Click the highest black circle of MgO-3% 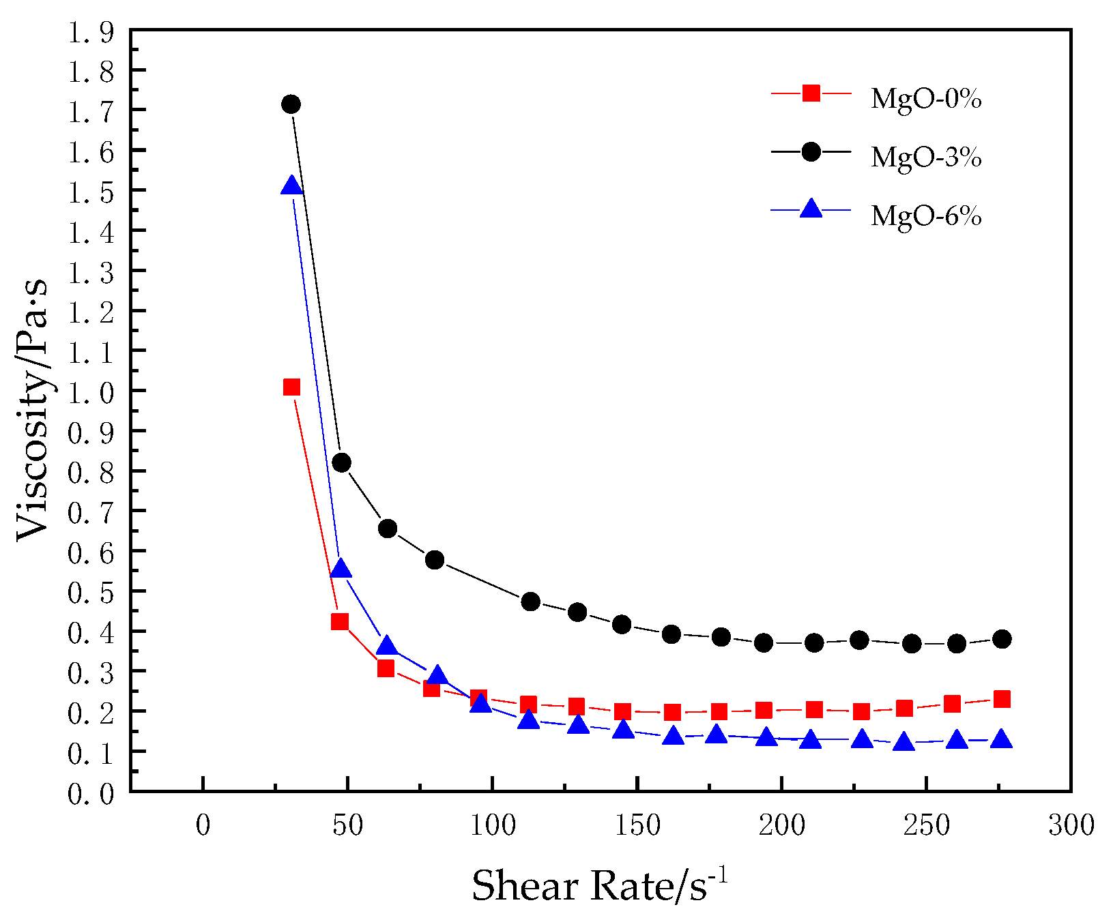(291, 104)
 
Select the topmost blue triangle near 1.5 (291, 186)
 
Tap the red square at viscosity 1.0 (291, 387)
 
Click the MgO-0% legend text (925, 100)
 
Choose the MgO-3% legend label (925, 158)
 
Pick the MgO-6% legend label (925, 216)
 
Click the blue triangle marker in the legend (811, 209)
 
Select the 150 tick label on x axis (637, 826)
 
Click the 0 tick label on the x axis (203, 826)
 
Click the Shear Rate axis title (599, 886)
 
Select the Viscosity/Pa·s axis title (33, 409)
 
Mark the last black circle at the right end (1002, 639)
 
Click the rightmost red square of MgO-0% (1002, 699)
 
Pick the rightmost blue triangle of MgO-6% (1002, 739)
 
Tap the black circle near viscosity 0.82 (341, 463)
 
